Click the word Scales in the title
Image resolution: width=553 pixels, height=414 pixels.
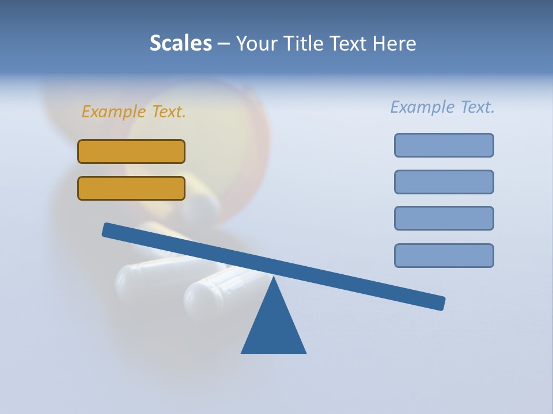coord(180,44)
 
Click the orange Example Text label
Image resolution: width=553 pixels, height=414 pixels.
coord(134,112)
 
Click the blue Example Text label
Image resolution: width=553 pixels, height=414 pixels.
coord(442,107)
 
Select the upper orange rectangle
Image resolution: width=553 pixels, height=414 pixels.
coord(131,151)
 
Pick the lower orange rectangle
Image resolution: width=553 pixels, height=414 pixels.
coord(131,188)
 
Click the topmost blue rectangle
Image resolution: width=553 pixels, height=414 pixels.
coord(444,145)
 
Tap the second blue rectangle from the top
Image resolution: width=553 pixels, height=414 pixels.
coord(444,182)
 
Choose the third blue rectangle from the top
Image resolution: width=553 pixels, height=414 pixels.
coord(444,218)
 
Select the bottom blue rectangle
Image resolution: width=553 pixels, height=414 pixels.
coord(444,255)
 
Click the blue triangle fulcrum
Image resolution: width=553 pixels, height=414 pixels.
coord(274,328)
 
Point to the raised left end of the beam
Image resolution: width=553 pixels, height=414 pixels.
coord(107,229)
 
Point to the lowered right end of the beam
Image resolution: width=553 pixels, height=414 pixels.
coord(441,303)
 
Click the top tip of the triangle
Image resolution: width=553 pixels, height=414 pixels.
coord(274,277)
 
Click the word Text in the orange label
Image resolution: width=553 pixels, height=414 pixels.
coord(169,112)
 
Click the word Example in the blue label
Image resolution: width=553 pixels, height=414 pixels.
coord(421,107)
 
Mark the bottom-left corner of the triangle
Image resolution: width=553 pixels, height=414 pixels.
coord(242,352)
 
